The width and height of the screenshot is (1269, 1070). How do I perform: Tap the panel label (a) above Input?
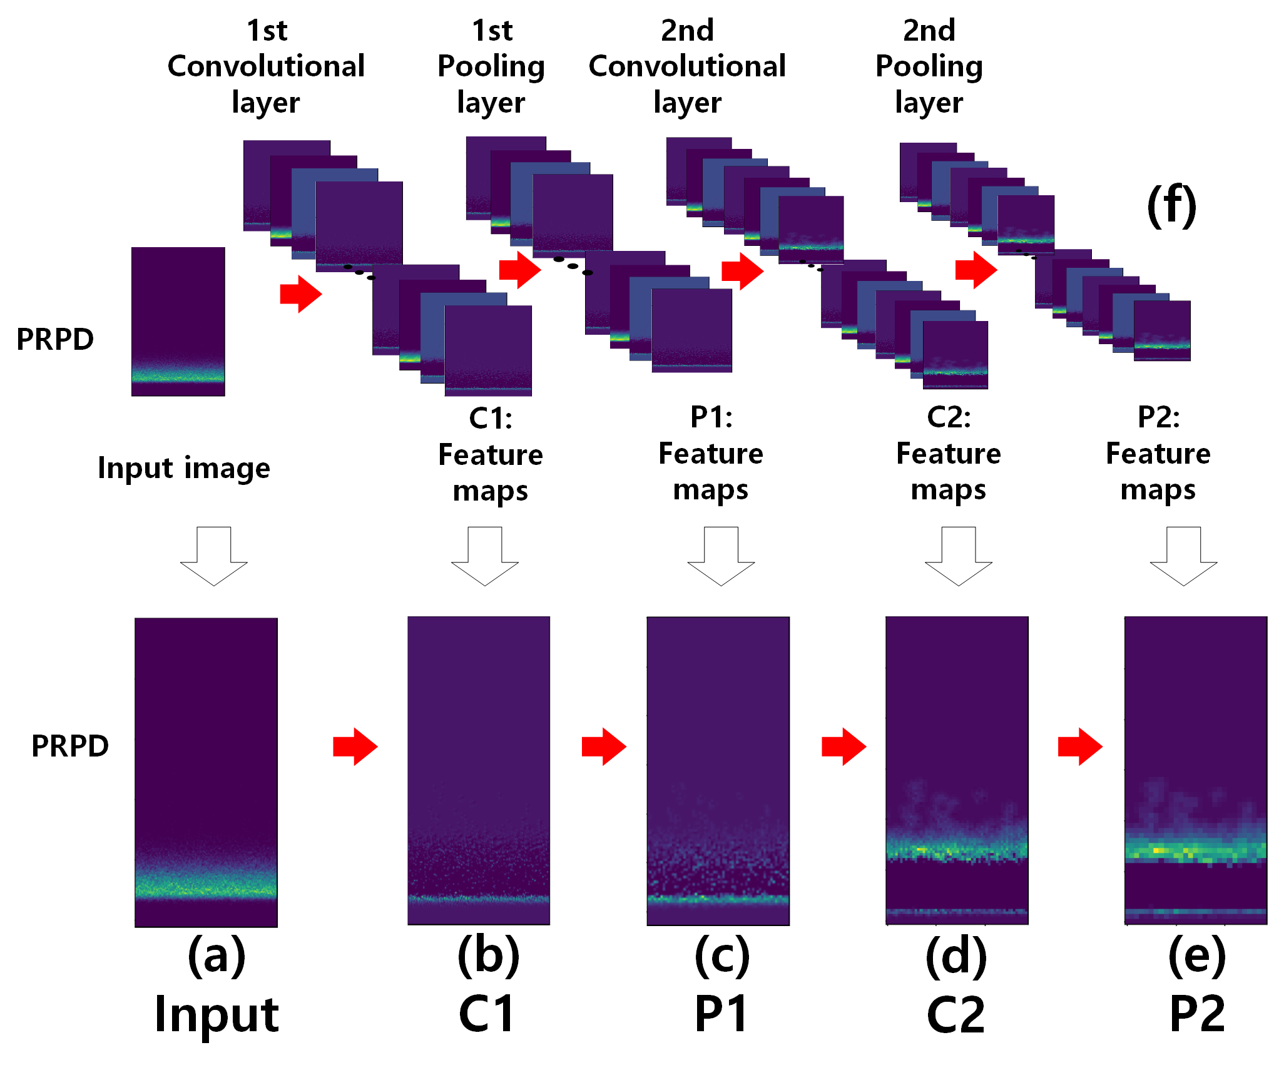(217, 956)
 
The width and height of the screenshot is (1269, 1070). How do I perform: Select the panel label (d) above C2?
(956, 956)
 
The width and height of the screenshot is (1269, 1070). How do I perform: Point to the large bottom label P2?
(1197, 1014)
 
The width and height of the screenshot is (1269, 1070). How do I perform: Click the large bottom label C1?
(486, 1014)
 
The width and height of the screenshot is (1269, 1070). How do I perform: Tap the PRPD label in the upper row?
(55, 339)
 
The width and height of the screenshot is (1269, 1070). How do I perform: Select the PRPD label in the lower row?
(70, 746)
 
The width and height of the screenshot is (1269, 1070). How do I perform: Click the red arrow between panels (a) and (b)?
(355, 746)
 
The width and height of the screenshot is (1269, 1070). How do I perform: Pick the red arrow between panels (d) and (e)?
(1080, 746)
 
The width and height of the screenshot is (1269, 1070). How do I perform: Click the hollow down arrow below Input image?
(214, 556)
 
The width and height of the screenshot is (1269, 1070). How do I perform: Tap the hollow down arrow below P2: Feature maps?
(1184, 556)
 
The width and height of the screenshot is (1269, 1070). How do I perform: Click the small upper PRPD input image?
(178, 322)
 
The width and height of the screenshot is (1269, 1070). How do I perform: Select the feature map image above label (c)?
(718, 771)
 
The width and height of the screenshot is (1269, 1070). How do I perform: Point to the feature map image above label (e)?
(1196, 771)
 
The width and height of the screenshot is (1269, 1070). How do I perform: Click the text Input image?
(184, 469)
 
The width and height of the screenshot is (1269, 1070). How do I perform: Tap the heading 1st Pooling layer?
(492, 66)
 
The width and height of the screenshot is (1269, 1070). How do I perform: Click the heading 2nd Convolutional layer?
(687, 66)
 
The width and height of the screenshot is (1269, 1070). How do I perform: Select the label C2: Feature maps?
(949, 453)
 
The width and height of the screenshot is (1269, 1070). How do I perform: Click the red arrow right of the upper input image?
(301, 293)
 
